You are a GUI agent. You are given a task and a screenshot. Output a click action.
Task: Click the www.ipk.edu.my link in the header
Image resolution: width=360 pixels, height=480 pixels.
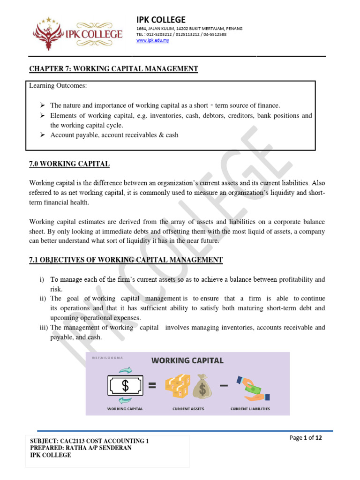152,40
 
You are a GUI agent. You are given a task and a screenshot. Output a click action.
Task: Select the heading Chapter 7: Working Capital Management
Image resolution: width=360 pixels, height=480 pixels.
113,69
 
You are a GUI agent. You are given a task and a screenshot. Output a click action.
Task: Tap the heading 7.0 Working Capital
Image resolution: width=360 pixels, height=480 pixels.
69,164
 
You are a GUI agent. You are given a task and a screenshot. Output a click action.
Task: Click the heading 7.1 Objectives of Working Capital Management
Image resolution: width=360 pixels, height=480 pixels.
126,260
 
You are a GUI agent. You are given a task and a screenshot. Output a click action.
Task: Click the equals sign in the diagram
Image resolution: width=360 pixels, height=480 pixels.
152,386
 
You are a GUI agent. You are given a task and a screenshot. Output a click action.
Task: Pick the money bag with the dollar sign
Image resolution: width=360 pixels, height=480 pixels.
202,386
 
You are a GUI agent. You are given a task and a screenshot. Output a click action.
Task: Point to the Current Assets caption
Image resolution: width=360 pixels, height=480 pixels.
188,409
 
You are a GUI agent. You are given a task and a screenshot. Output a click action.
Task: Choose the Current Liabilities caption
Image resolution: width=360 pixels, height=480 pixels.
250,409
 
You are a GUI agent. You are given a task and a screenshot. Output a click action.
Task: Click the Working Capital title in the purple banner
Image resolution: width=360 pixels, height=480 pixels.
187,360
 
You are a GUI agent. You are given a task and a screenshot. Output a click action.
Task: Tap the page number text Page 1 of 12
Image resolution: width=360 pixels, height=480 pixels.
306,438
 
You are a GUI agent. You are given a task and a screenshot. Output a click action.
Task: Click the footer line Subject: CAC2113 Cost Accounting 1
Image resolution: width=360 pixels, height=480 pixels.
89,441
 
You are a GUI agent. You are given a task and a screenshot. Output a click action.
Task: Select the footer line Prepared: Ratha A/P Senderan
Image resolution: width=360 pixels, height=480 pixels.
81,448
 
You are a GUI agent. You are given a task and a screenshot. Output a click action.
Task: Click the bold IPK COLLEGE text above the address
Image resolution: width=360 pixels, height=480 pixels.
161,20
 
